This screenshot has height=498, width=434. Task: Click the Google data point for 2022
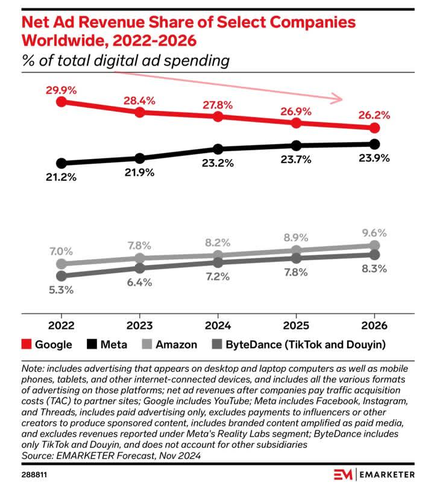pyautogui.click(x=61, y=102)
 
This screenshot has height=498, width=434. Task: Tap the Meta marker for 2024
pyautogui.click(x=218, y=149)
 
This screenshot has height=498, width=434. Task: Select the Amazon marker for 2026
pyautogui.click(x=374, y=245)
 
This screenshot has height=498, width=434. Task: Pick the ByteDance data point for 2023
pyautogui.click(x=140, y=268)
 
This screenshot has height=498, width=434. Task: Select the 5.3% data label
pyautogui.click(x=61, y=290)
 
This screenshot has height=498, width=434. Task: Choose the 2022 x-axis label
pyautogui.click(x=61, y=326)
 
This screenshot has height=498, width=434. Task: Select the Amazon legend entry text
pyautogui.click(x=176, y=344)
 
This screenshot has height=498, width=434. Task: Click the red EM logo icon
pyautogui.click(x=344, y=475)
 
